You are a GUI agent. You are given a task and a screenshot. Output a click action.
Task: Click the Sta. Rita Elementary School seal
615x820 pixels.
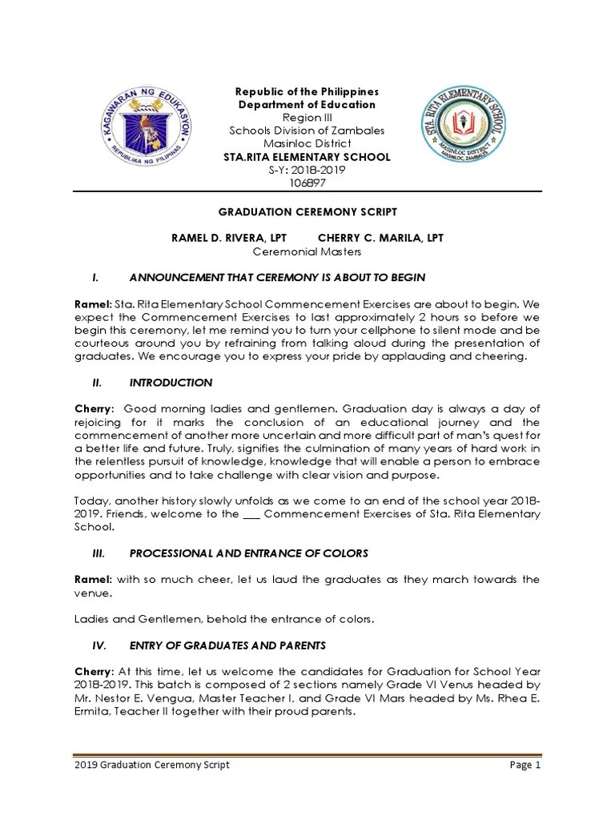click(464, 125)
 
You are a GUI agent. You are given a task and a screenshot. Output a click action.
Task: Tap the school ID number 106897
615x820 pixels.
click(307, 183)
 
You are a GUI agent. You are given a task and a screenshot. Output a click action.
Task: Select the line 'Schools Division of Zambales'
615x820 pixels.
click(307, 131)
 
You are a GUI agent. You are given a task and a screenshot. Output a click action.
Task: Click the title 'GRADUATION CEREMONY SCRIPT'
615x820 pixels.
click(307, 211)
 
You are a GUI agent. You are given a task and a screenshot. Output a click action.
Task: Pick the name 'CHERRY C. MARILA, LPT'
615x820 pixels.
click(380, 238)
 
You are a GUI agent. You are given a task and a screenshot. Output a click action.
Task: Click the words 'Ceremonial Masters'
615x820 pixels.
click(307, 251)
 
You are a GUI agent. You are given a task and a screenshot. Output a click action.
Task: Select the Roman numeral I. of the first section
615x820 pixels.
click(95, 277)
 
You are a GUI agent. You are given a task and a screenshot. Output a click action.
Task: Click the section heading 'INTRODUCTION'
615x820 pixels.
click(171, 383)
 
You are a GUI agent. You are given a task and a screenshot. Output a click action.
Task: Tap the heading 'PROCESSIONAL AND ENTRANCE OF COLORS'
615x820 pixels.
click(248, 553)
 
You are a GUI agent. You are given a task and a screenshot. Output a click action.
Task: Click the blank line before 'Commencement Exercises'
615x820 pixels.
click(251, 514)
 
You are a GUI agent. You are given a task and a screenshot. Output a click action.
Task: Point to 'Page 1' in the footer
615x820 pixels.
click(526, 765)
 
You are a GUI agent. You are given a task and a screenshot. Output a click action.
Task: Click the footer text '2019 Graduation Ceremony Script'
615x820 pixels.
click(151, 765)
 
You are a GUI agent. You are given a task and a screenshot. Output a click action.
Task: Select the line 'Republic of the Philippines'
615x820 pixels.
click(307, 92)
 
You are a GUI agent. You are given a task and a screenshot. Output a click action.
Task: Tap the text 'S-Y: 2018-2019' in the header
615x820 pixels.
click(307, 170)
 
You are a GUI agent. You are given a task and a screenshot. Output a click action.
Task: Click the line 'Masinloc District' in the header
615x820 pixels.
click(307, 143)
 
